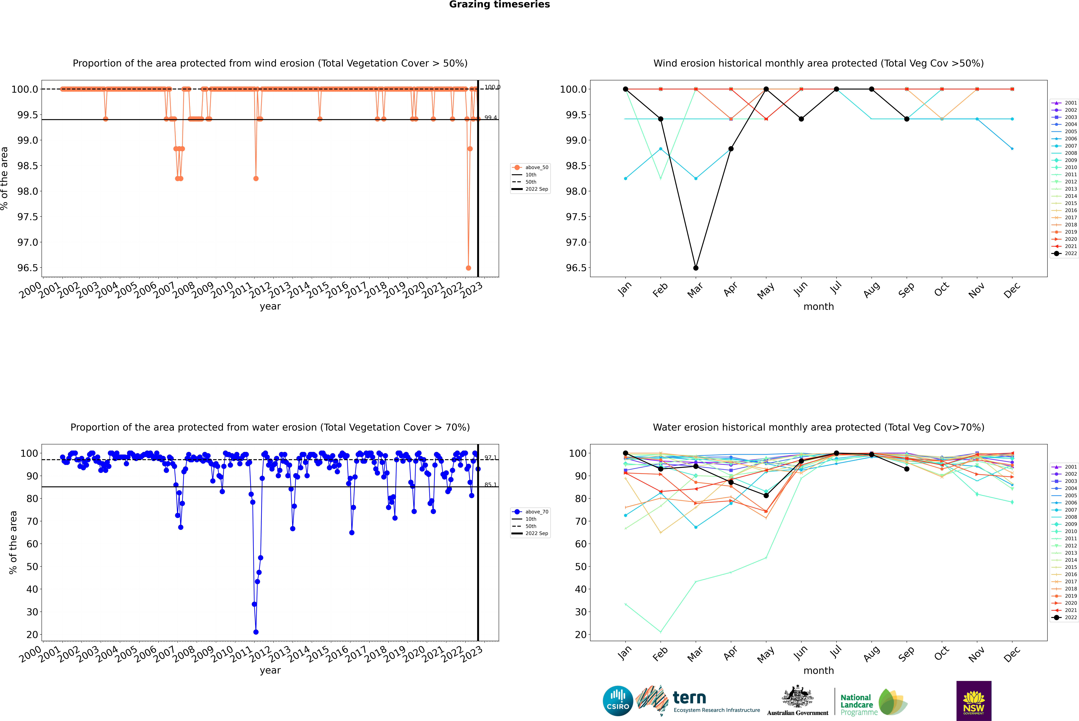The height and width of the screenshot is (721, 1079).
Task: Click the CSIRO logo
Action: (x=618, y=701)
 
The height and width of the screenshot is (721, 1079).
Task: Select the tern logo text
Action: (x=689, y=698)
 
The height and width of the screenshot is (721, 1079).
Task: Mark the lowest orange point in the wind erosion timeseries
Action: (x=468, y=268)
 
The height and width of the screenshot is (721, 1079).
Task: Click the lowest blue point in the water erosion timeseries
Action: (x=256, y=632)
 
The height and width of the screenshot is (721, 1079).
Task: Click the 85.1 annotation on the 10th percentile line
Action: (x=490, y=485)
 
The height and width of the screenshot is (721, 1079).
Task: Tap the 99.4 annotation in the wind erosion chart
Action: (x=490, y=118)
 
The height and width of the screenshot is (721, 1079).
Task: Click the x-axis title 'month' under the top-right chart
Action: (x=818, y=307)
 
